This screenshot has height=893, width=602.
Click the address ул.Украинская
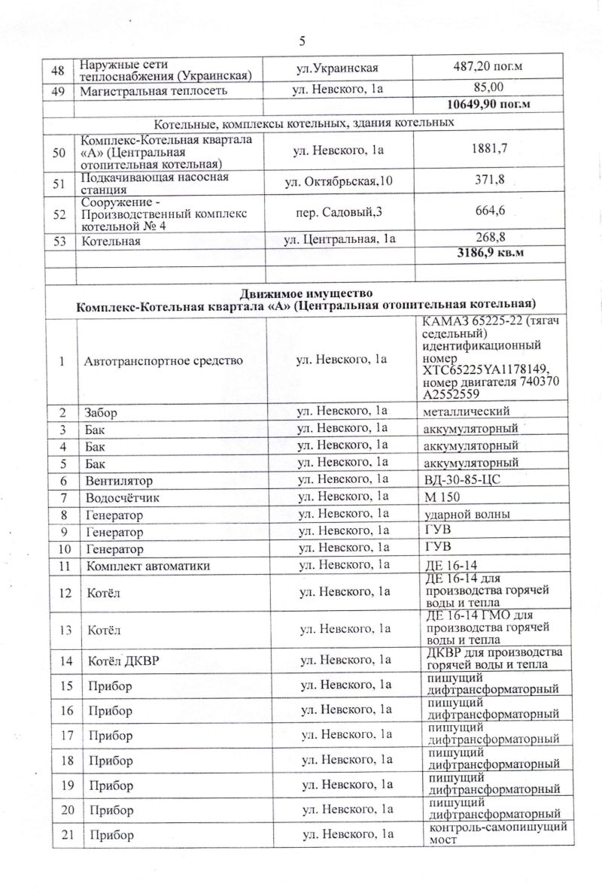point(336,68)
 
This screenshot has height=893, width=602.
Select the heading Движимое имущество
point(305,292)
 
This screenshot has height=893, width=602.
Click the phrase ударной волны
point(467,515)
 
